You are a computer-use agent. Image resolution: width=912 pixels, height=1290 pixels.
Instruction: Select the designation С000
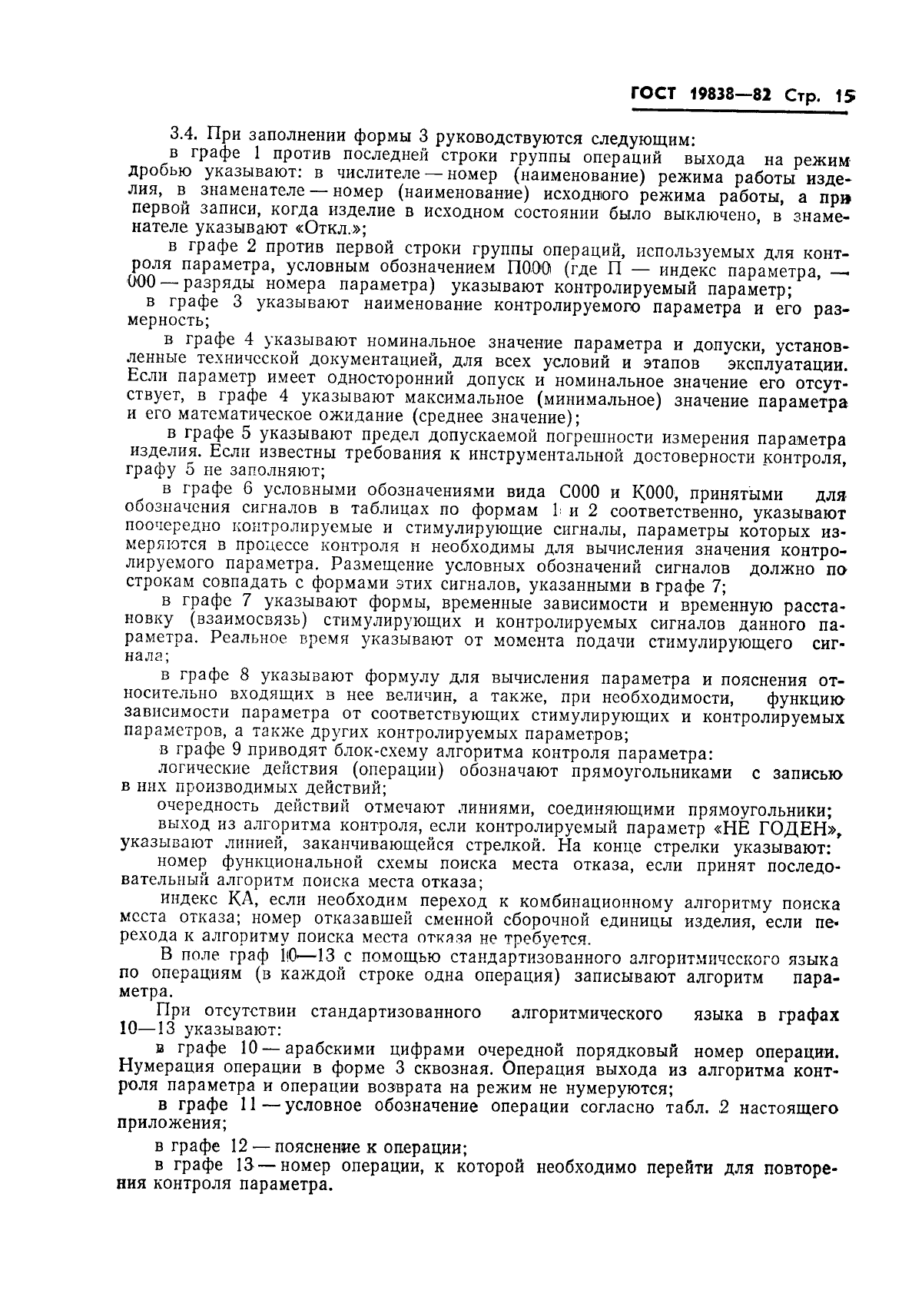pyautogui.click(x=572, y=492)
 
